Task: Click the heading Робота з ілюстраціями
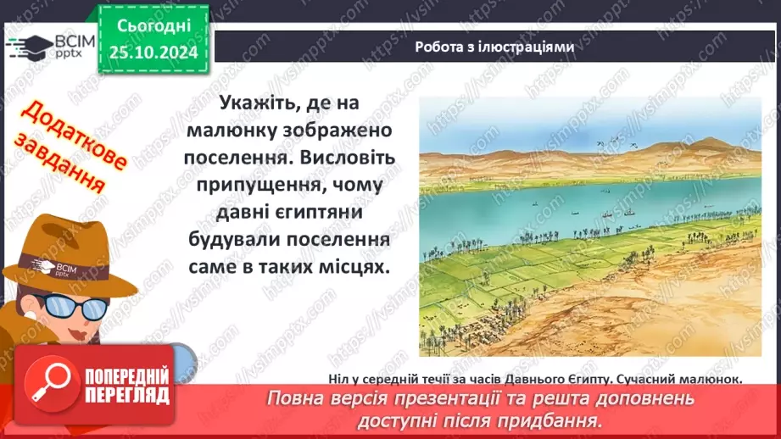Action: [x=494, y=47]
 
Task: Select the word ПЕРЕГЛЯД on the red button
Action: [x=128, y=394]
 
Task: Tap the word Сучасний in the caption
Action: [x=627, y=379]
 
